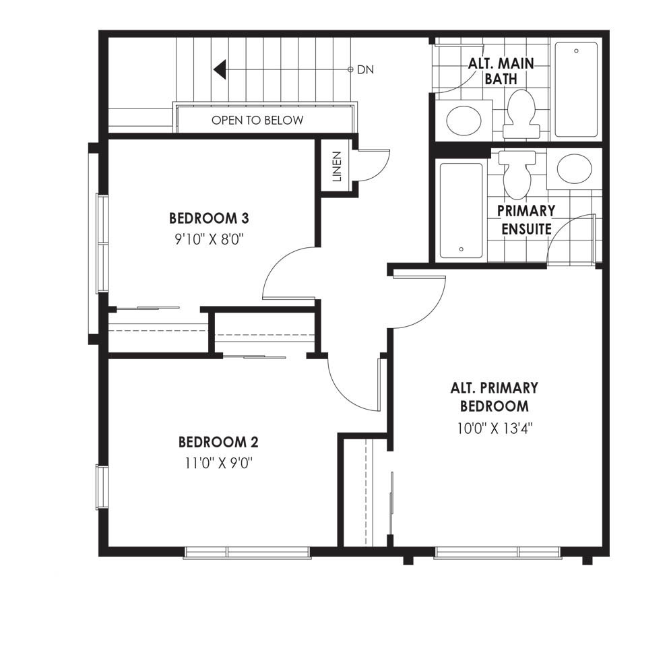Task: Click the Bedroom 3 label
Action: coord(209,218)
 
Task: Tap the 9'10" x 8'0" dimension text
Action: coord(209,239)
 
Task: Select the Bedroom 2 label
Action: coord(218,443)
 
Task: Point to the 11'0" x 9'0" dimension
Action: coord(219,463)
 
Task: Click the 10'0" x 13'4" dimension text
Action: coord(495,428)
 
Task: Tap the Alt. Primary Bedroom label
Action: coord(495,397)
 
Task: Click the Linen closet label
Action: coord(337,166)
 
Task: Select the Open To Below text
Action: coord(257,121)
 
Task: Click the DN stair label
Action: coord(365,70)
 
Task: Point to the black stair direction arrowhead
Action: coord(220,69)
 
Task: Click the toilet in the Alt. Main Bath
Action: coord(521,114)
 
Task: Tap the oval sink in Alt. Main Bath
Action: coord(464,120)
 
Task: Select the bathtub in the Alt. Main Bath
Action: coord(576,90)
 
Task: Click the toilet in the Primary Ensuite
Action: coord(517,174)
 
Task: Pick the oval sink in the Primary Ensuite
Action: coord(574,168)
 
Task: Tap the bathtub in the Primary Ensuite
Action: coord(461,211)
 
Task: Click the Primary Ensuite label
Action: coord(526,220)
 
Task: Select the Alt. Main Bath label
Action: coord(501,71)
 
